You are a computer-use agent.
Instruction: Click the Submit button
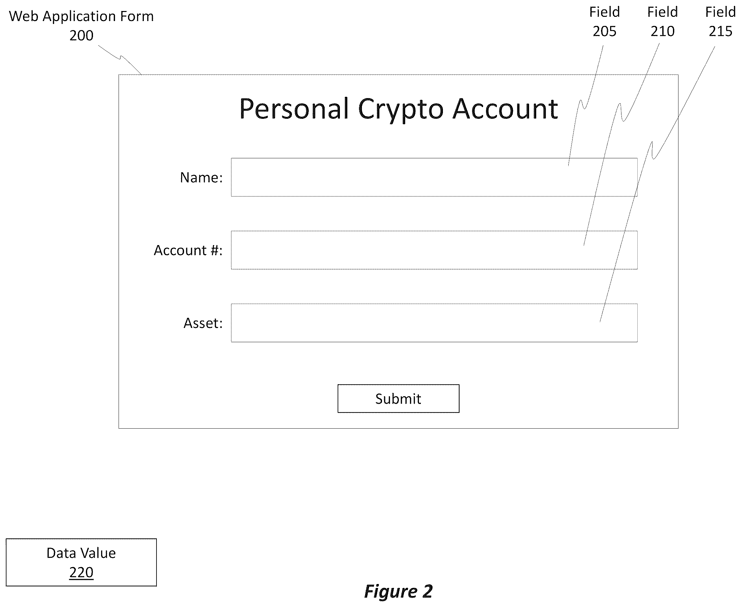pyautogui.click(x=398, y=399)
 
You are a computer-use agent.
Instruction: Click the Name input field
pyautogui.click(x=434, y=177)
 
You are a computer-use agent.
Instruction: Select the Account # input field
pyautogui.click(x=434, y=250)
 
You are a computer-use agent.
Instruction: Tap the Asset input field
pyautogui.click(x=434, y=323)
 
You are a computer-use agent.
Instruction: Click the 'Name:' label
pyautogui.click(x=201, y=178)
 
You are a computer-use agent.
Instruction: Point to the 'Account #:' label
pyautogui.click(x=188, y=250)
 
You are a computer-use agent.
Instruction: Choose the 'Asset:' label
pyautogui.click(x=203, y=323)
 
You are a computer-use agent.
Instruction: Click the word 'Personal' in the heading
pyautogui.click(x=294, y=109)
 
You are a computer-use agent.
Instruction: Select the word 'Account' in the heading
pyautogui.click(x=505, y=109)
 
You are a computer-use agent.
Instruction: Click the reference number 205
pyautogui.click(x=605, y=31)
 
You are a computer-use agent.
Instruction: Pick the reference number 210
pyautogui.click(x=663, y=31)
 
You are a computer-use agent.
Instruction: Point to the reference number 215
pyautogui.click(x=720, y=31)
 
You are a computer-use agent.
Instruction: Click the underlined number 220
pyautogui.click(x=81, y=572)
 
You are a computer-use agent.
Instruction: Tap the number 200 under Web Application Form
pyautogui.click(x=81, y=35)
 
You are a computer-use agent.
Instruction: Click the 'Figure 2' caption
pyautogui.click(x=399, y=591)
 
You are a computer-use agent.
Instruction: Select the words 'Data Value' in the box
pyautogui.click(x=81, y=553)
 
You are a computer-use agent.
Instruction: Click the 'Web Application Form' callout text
pyautogui.click(x=81, y=17)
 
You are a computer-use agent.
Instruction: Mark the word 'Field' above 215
pyautogui.click(x=720, y=12)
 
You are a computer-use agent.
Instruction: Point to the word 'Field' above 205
pyautogui.click(x=605, y=12)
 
